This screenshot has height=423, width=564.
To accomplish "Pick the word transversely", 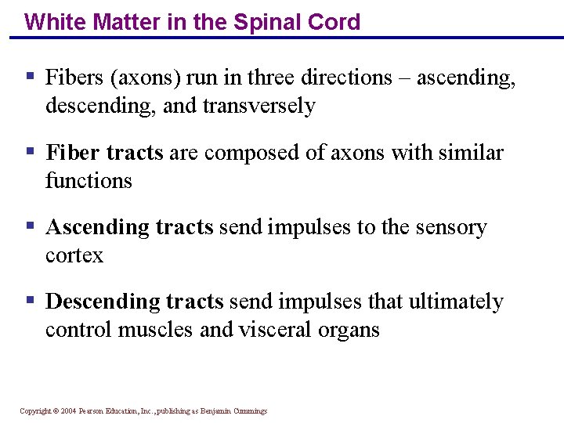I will [x=258, y=105].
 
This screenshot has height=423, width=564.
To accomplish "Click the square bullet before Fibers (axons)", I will [x=30, y=77].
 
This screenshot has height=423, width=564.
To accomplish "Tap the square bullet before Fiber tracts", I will [x=30, y=151].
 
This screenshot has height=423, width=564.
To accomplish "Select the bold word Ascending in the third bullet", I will [x=97, y=227].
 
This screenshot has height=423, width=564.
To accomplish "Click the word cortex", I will [x=74, y=255].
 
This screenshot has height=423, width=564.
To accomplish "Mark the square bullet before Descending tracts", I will [x=30, y=301].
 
